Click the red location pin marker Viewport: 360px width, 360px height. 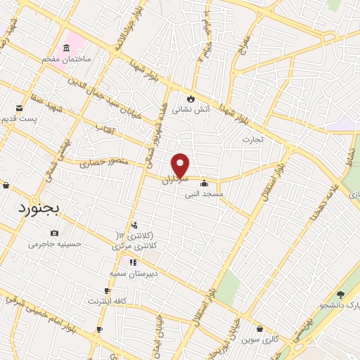pos(181,165)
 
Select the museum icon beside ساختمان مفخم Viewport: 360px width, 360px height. pos(66,48)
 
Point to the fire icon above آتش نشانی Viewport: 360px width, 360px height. pos(189,98)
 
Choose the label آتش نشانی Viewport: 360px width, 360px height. pos(190,110)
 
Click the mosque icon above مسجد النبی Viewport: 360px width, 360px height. pos(204,184)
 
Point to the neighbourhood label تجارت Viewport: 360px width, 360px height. pos(252,139)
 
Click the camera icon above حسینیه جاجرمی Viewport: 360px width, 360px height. pos(55,233)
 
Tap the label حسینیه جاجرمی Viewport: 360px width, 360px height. pos(55,244)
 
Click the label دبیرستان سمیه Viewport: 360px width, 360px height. pos(127,273)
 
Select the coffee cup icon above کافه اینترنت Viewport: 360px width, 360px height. pos(107,290)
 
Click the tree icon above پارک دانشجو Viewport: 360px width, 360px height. pos(340,295)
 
